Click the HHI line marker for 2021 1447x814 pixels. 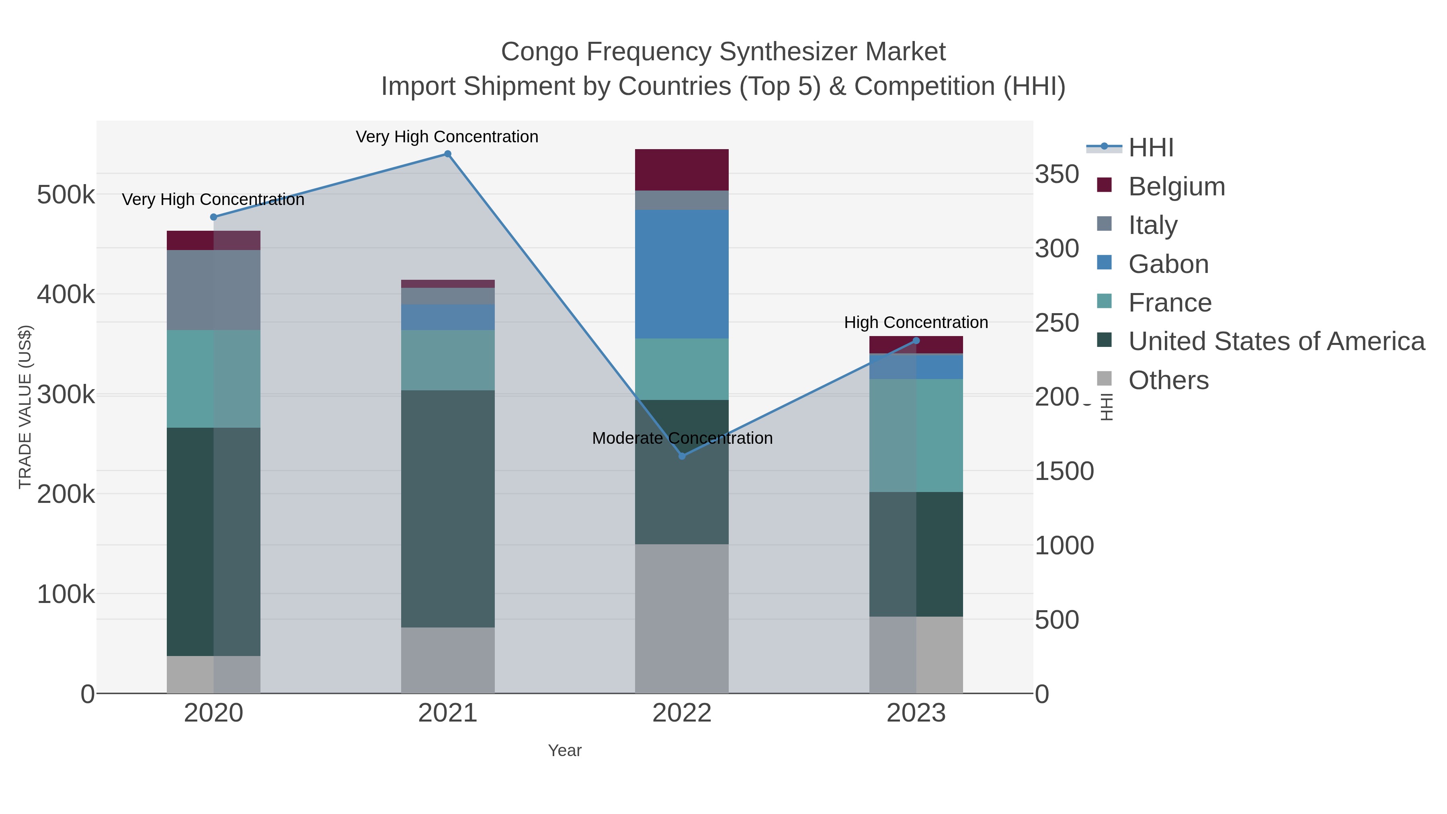(x=448, y=154)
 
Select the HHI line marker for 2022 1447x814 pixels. (x=682, y=456)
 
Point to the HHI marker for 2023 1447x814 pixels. (x=916, y=340)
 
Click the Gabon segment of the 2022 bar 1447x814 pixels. (x=682, y=274)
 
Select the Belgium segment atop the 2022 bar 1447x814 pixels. (x=682, y=170)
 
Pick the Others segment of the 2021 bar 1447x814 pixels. (x=448, y=660)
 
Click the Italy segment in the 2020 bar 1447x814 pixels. (x=213, y=290)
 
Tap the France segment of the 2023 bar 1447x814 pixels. (x=916, y=435)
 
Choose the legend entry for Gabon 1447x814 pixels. (x=1168, y=264)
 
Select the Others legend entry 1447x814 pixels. (x=1168, y=380)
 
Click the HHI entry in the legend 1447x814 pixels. (x=1150, y=148)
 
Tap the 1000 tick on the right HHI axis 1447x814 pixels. (x=1064, y=545)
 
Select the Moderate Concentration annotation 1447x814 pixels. (x=682, y=438)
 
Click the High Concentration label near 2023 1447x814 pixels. (x=916, y=322)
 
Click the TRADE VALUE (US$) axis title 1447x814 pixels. (x=25, y=407)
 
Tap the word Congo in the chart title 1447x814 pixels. (x=539, y=52)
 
